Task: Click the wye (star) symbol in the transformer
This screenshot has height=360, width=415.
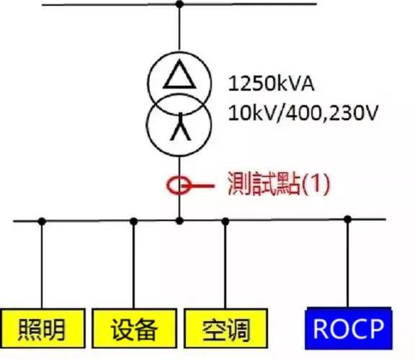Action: (181, 127)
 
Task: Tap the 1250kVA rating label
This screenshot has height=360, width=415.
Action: (271, 84)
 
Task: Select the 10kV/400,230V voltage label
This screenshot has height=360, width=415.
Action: (302, 113)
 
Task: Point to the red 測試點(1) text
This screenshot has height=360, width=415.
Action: (279, 184)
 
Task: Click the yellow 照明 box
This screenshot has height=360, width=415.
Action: (43, 328)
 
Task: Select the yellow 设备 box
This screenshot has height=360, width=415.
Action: (135, 328)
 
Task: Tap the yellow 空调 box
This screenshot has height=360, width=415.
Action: (226, 328)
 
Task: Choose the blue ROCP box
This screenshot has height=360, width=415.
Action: (349, 328)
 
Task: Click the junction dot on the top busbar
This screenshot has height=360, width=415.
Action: (179, 4)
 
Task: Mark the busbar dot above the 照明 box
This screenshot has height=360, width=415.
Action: (42, 221)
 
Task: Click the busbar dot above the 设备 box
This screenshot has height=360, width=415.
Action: (134, 221)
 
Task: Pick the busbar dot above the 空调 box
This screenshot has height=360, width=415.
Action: (226, 221)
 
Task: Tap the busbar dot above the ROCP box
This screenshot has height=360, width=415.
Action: (348, 220)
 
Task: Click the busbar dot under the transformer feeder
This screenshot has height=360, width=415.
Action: (179, 220)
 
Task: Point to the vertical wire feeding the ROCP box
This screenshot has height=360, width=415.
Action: (348, 264)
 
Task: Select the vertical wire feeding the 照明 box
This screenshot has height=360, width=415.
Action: (42, 265)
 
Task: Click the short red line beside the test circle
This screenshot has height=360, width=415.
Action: (202, 186)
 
